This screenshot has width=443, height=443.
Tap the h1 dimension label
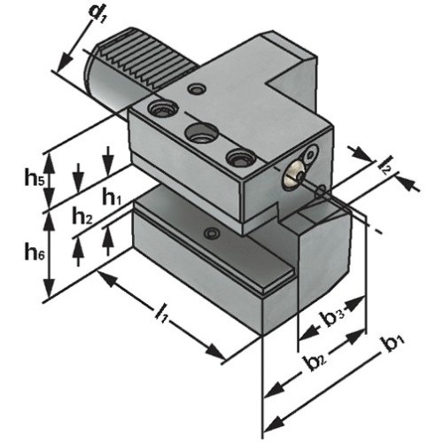click(111, 197)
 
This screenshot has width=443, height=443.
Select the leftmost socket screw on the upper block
click(160, 109)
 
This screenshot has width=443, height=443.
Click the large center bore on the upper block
click(200, 133)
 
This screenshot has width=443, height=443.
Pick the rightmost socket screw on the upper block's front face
click(237, 158)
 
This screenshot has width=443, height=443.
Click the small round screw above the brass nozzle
click(311, 153)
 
